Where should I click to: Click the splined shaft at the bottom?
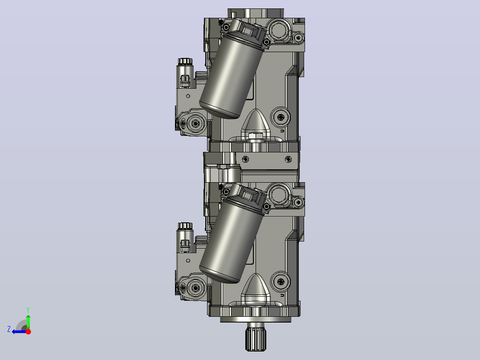coord(256,338)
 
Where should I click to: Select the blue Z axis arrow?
coord(19,332)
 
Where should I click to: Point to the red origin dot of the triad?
coord(28,331)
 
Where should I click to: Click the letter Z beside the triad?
coord(9,329)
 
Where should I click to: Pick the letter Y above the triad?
coord(28,310)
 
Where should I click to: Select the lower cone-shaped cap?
coord(255,286)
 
